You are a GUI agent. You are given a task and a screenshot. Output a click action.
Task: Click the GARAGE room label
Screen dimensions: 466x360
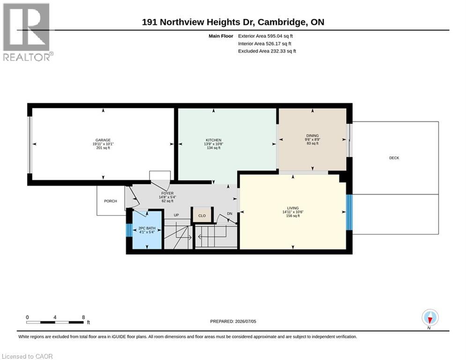[x=103, y=140]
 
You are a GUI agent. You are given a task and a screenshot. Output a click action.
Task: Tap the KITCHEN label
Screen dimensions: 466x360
[x=214, y=140]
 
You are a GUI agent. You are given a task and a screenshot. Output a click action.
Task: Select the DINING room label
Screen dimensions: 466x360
[x=312, y=135]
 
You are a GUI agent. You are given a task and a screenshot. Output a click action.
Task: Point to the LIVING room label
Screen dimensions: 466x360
[x=293, y=208]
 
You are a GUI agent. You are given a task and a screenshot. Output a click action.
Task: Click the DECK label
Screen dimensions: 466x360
[x=394, y=158]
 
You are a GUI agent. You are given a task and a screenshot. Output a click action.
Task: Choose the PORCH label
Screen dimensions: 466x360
[x=111, y=201]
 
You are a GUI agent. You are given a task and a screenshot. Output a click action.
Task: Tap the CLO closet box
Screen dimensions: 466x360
[x=202, y=215]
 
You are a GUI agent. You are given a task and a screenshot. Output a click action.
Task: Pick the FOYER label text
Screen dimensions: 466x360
[x=167, y=194]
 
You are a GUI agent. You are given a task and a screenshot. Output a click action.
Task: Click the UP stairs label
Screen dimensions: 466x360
[x=176, y=215]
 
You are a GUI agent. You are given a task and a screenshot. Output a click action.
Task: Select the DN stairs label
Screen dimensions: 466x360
[x=230, y=214]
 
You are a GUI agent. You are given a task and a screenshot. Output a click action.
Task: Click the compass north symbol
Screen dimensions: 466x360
[x=430, y=317]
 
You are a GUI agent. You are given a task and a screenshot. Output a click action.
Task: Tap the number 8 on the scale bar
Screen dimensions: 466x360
[x=83, y=317]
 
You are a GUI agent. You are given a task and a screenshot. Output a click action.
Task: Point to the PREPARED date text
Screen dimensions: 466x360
[x=233, y=321]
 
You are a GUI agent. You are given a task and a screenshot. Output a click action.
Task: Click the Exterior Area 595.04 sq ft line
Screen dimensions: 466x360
[x=266, y=36]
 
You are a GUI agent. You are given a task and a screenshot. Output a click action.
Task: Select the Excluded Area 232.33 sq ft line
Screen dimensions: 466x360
[x=267, y=51]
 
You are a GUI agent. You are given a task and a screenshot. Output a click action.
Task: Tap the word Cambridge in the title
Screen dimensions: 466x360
[x=282, y=22]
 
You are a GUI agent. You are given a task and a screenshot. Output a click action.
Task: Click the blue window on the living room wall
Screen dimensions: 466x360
[x=349, y=212]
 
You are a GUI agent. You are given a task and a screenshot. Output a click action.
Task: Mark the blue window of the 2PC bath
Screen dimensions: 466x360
[x=129, y=230]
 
